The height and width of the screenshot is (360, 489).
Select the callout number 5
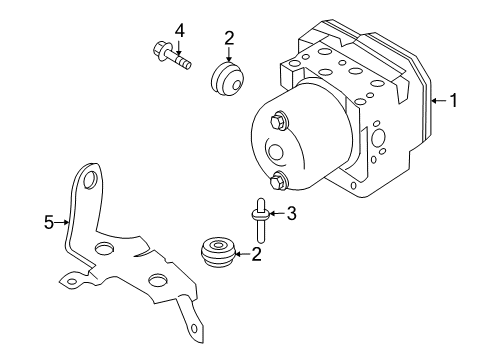pyautogui.click(x=49, y=224)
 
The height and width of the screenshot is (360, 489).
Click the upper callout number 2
pyautogui.click(x=229, y=38)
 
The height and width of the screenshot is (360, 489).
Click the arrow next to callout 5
pyautogui.click(x=63, y=224)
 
